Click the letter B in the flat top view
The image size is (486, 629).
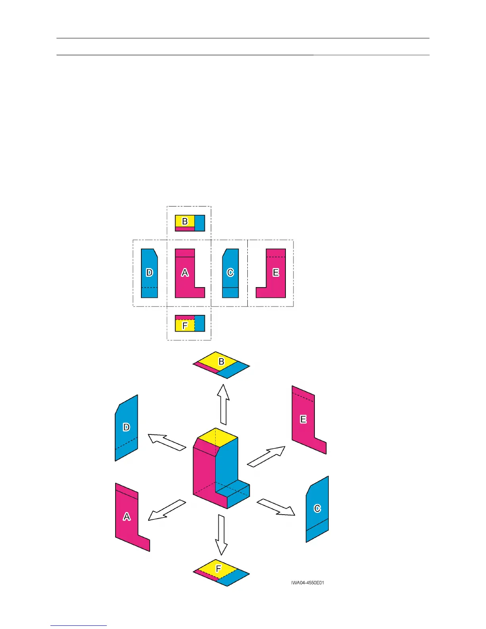(x=185, y=221)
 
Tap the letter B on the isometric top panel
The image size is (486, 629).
(x=222, y=361)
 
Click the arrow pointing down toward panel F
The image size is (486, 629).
(x=221, y=534)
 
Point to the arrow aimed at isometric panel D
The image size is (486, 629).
(x=167, y=442)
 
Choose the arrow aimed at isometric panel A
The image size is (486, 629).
(x=167, y=510)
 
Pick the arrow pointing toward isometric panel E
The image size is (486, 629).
(x=266, y=456)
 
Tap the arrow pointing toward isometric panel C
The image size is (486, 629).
(x=276, y=507)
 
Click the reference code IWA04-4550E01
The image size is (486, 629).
(x=307, y=583)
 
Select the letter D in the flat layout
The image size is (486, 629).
(x=149, y=272)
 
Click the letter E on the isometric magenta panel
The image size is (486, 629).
(x=303, y=419)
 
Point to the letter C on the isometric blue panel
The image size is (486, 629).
(x=317, y=508)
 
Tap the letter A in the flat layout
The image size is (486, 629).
(x=185, y=272)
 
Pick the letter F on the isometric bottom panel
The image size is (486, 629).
(x=218, y=569)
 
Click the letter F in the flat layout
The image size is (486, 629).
(x=185, y=326)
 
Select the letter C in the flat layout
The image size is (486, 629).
(x=230, y=272)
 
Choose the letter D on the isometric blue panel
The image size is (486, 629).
(x=126, y=427)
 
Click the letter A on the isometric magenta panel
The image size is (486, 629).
(x=127, y=516)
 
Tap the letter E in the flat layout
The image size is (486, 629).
(x=276, y=272)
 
